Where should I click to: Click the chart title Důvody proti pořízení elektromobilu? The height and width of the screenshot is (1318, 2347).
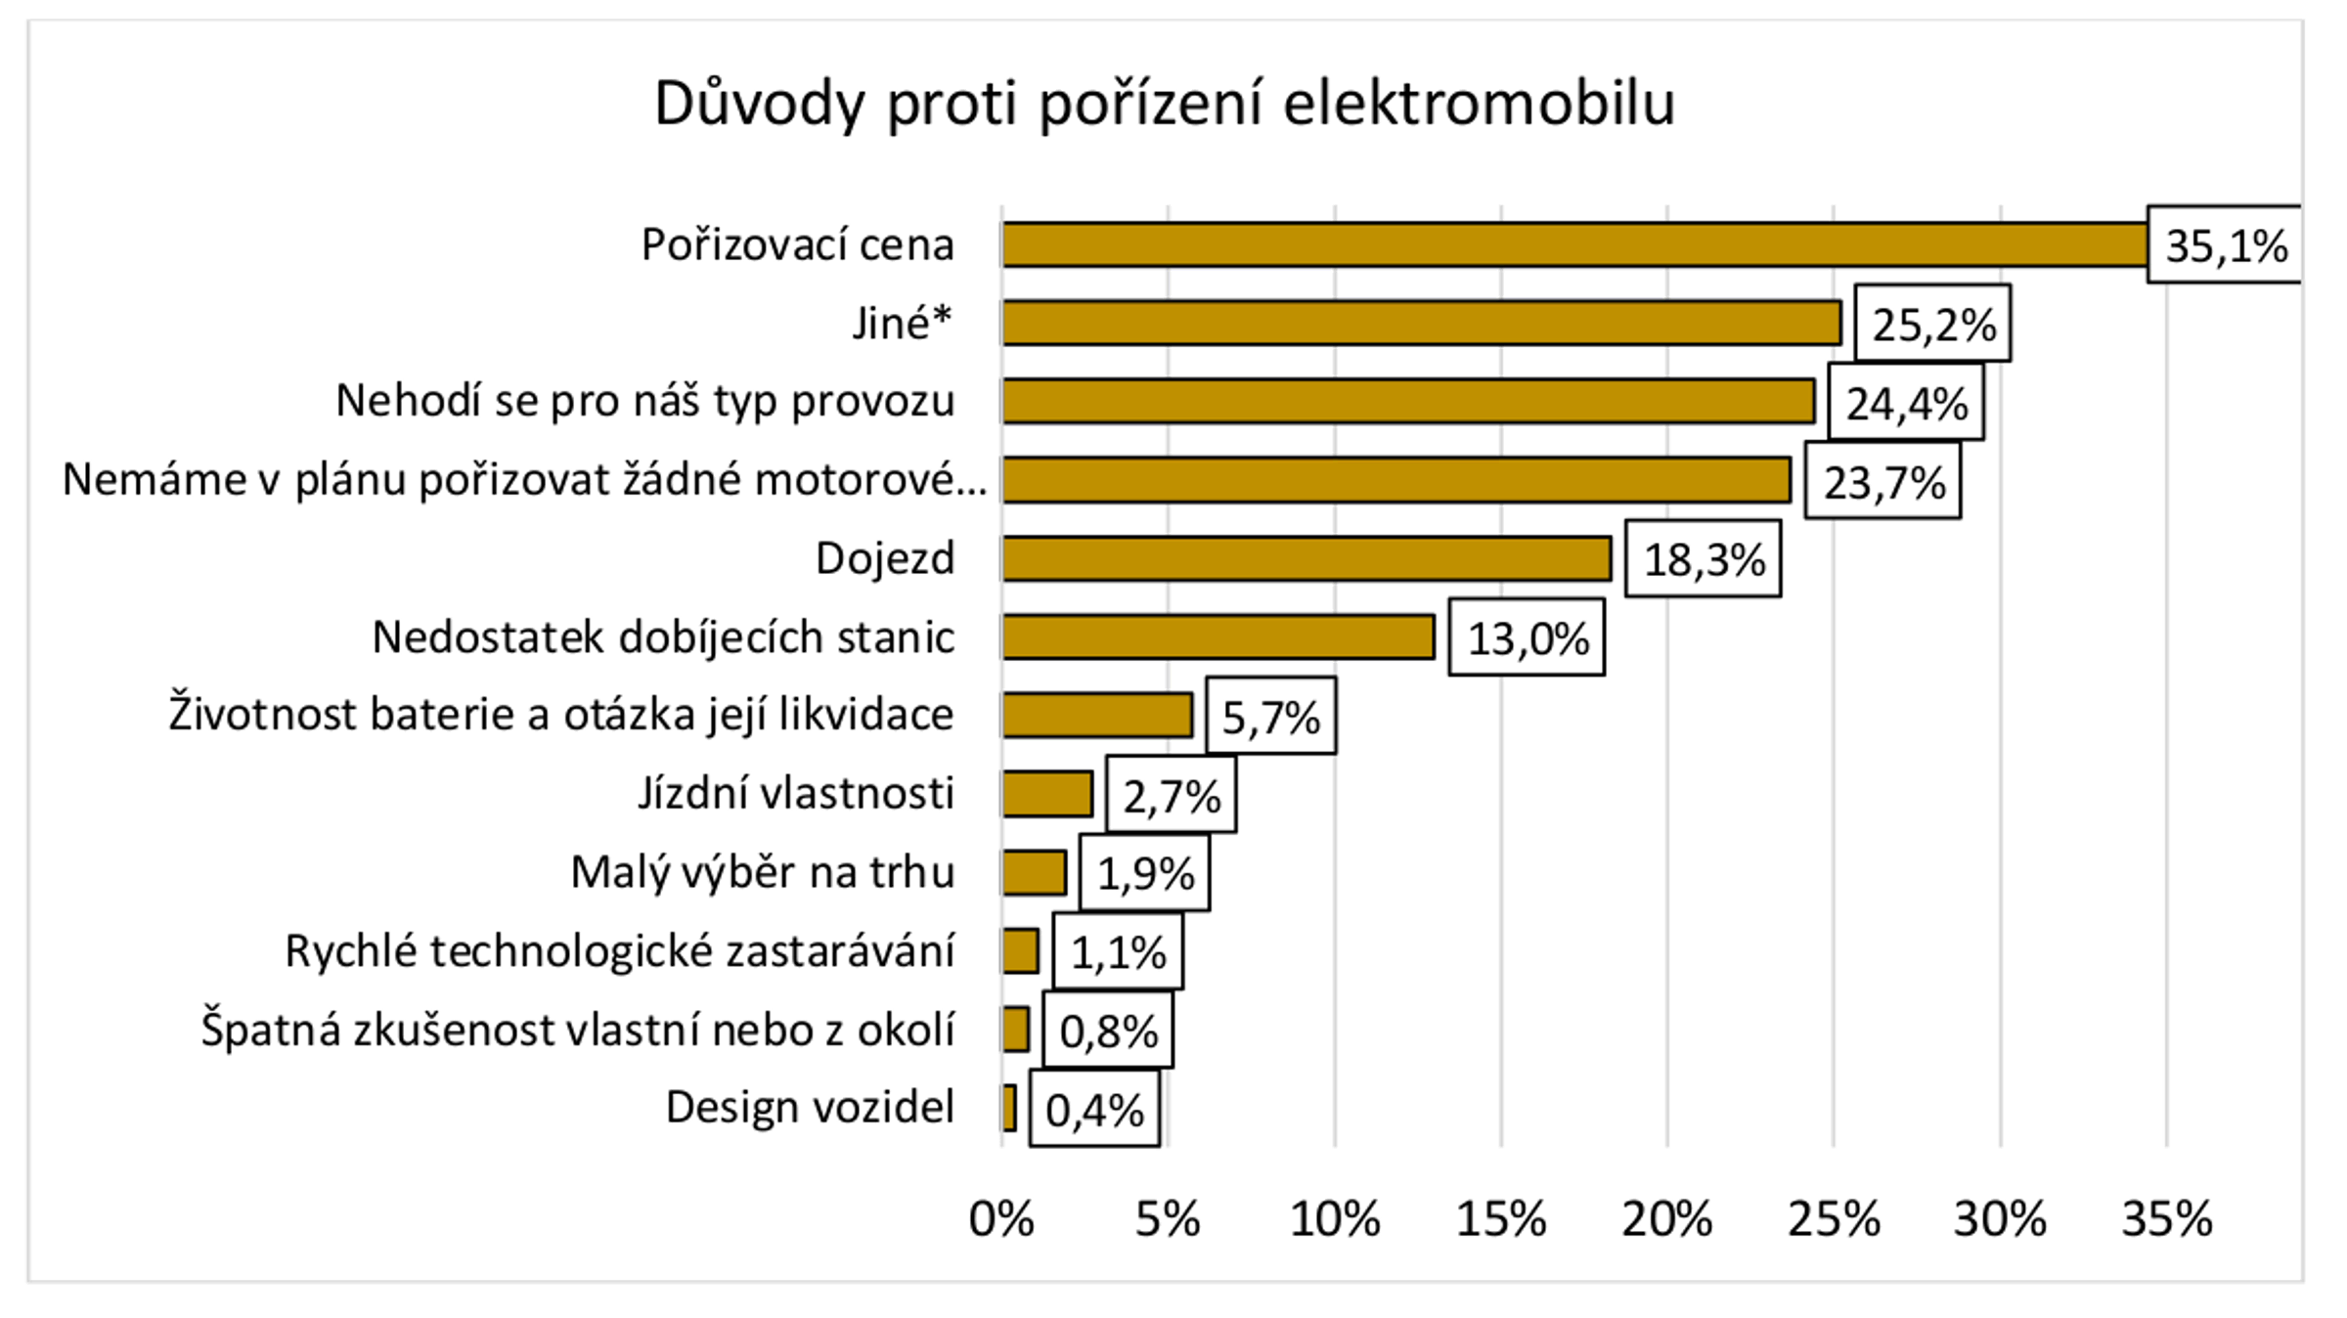tap(1165, 104)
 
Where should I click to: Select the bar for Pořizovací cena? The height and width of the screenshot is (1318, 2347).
tap(1574, 244)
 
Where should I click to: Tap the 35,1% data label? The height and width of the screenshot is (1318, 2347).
tap(2226, 245)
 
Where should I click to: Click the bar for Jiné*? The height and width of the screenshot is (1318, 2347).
tap(1422, 323)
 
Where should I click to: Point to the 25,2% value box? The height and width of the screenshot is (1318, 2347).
tap(1933, 325)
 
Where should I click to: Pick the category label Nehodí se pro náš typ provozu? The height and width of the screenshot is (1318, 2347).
tap(645, 401)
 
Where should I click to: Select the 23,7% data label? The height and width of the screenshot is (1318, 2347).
tap(1883, 482)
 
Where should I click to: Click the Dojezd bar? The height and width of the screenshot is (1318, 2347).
tap(1306, 558)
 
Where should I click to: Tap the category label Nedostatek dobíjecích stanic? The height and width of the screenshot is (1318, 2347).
tap(663, 637)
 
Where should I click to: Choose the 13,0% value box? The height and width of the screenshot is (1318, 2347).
tap(1528, 638)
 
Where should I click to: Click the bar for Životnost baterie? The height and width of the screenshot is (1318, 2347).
tap(1097, 716)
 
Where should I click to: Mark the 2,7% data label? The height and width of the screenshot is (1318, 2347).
tap(1172, 796)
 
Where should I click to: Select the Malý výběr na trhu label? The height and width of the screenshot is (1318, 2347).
tap(763, 872)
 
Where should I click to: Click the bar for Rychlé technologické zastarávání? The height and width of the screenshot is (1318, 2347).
tap(1021, 951)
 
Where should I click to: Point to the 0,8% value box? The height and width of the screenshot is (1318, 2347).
tap(1108, 1031)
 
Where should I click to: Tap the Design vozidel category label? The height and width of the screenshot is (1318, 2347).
tap(810, 1108)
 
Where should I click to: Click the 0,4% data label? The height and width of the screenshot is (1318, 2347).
tap(1094, 1110)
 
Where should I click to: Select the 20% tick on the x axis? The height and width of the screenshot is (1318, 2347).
tap(1667, 1219)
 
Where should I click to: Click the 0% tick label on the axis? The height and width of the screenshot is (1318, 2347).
tap(1001, 1219)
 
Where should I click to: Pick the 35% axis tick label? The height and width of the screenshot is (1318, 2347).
tap(2166, 1219)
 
